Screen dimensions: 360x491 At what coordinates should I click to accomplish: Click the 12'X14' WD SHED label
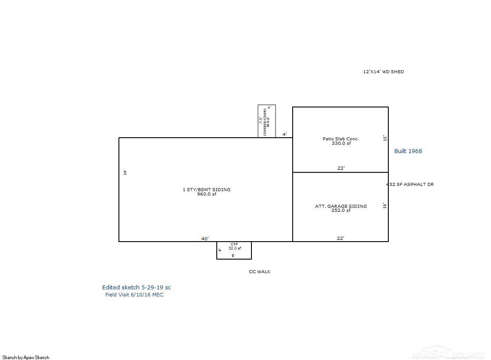pos(383,72)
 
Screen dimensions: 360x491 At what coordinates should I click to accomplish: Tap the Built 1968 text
pos(408,151)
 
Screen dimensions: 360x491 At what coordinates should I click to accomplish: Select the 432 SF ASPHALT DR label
pos(410,185)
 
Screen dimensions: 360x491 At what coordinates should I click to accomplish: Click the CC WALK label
pos(260,272)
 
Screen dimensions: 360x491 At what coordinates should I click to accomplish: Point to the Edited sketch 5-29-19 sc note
pos(136,288)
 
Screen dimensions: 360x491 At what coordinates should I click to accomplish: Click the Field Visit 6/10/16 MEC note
pos(134,295)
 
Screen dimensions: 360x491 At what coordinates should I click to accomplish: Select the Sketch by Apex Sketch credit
pos(26,357)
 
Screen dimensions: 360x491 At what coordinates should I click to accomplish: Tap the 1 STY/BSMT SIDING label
pos(206,190)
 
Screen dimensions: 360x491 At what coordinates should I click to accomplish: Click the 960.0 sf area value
pos(206,194)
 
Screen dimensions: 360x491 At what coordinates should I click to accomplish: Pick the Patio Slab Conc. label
pos(340,139)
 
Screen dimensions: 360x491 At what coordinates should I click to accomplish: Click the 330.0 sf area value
pos(341,143)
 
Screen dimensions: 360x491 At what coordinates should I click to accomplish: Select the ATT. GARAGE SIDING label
pos(340,206)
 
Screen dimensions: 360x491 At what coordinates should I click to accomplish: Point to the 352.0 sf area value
pos(340,210)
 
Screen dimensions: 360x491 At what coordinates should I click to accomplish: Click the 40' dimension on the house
pos(205,239)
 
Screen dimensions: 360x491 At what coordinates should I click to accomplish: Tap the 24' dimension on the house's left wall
pos(125,173)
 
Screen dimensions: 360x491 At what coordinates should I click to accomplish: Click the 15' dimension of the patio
pos(385,138)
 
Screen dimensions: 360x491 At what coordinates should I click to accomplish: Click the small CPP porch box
pos(234,250)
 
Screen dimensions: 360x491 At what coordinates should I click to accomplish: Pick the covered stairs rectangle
pos(266,121)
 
